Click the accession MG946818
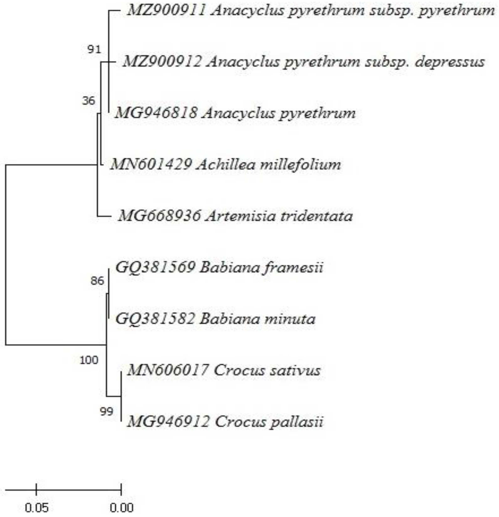click(156, 113)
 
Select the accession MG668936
click(159, 216)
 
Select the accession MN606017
click(167, 370)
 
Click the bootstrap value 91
click(94, 49)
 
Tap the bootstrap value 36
click(88, 101)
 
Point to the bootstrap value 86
click(97, 281)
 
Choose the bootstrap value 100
click(89, 360)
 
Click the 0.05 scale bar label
click(37, 507)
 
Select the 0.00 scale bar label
click(121, 507)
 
